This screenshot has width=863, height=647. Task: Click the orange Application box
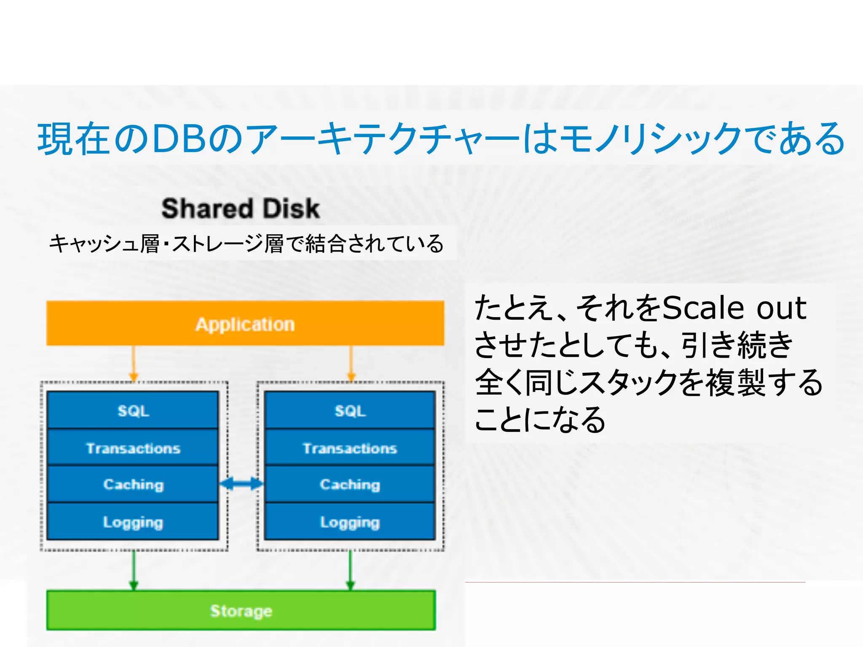pyautogui.click(x=245, y=323)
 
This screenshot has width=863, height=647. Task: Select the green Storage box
pyautogui.click(x=241, y=610)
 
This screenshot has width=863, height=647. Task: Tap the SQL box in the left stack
pyautogui.click(x=133, y=410)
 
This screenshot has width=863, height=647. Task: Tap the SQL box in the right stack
pyautogui.click(x=350, y=410)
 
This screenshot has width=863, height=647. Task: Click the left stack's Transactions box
pyautogui.click(x=133, y=448)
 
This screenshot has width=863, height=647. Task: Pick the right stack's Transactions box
pyautogui.click(x=350, y=448)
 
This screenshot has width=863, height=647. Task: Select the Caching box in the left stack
pyautogui.click(x=133, y=484)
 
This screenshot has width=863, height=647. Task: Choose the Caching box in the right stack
pyautogui.click(x=350, y=484)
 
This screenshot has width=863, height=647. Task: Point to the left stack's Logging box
pyautogui.click(x=133, y=522)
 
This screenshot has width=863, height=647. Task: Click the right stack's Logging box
pyautogui.click(x=350, y=522)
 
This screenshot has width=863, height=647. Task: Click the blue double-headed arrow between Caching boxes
pyautogui.click(x=241, y=484)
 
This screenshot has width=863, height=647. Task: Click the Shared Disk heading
pyautogui.click(x=241, y=209)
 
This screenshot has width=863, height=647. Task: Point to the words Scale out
pyautogui.click(x=734, y=308)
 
